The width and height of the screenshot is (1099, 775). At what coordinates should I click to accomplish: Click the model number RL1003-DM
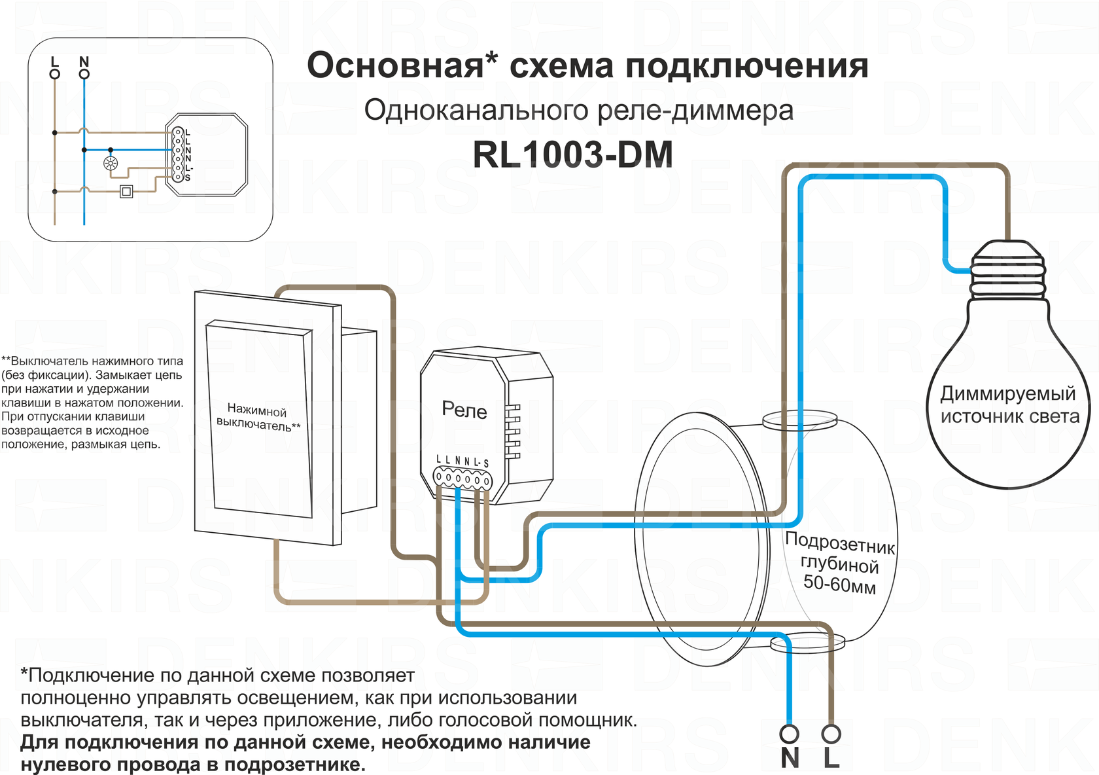[x=572, y=155]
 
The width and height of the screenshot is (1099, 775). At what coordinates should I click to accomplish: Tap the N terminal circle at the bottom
[x=790, y=734]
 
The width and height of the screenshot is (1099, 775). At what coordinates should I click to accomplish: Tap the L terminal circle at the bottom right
[x=831, y=734]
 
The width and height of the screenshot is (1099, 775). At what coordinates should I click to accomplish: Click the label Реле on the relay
[x=464, y=410]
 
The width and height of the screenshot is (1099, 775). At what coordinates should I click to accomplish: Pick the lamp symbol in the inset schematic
[x=111, y=164]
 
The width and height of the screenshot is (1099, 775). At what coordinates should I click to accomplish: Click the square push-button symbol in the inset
[x=126, y=192]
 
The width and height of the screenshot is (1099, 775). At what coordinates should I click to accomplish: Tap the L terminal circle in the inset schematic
[x=55, y=74]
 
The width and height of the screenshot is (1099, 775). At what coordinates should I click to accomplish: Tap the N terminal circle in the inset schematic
[x=84, y=74]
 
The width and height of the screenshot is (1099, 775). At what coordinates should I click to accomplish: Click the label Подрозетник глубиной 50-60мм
[x=840, y=562]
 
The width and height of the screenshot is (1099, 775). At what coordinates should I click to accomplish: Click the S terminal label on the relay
[x=486, y=464]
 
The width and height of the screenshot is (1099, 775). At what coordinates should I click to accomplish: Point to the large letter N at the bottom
[x=790, y=758]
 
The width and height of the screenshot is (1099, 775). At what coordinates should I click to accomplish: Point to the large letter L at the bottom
[x=831, y=758]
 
